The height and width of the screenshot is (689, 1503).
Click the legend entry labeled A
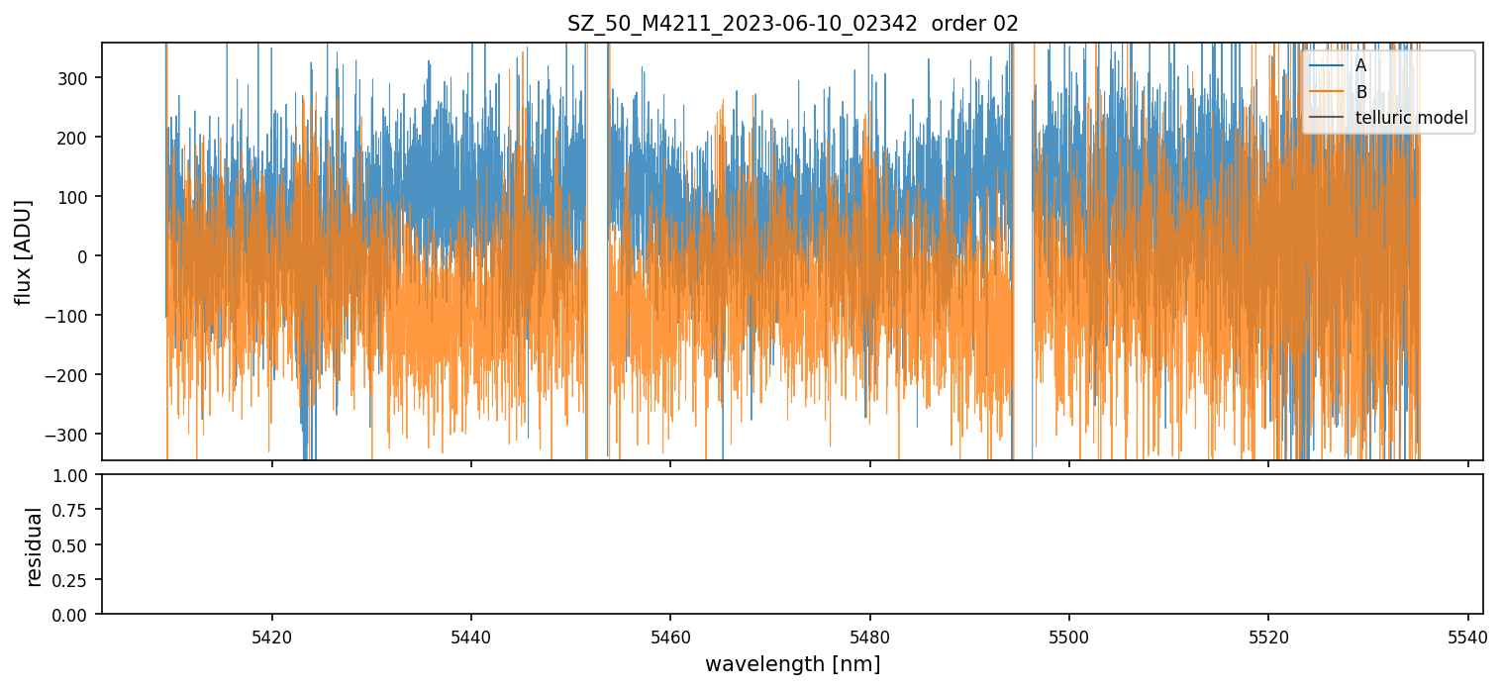pos(1360,65)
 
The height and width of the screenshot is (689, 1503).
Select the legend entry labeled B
pos(1360,92)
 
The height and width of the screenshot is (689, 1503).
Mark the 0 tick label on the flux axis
pos(86,256)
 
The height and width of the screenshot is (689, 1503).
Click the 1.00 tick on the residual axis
pos(76,475)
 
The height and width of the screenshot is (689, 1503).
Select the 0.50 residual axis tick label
pos(76,544)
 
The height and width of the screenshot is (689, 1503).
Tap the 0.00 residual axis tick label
pos(76,615)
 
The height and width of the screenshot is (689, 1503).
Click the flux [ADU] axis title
pos(23,251)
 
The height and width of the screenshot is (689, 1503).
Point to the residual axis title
pos(35,545)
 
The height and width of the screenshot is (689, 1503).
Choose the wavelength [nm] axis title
pos(792,663)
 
